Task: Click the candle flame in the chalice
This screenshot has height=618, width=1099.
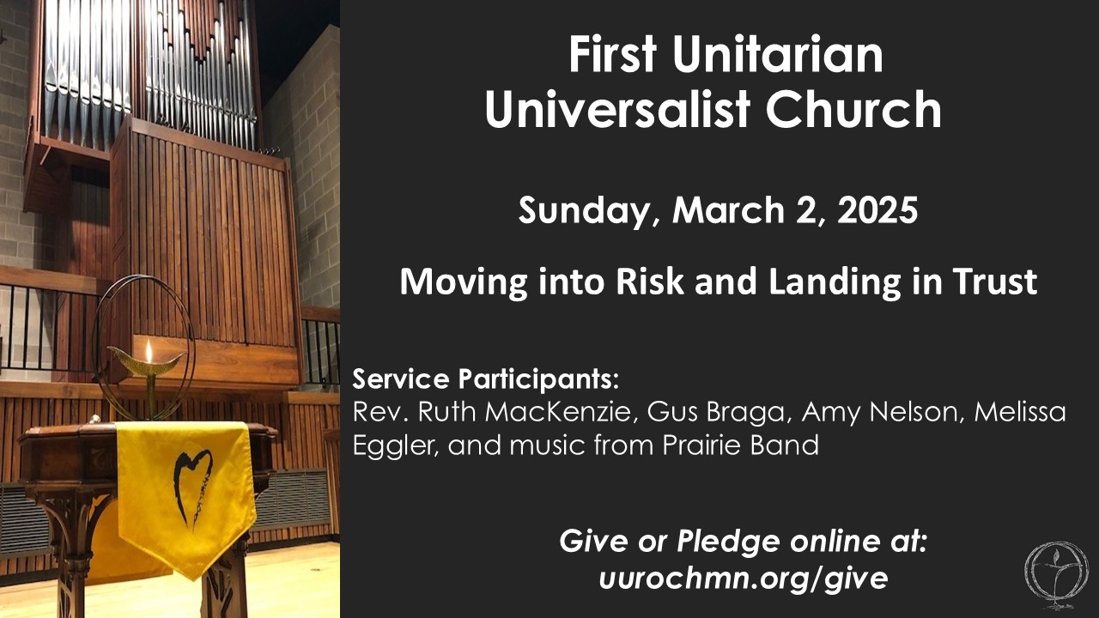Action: point(149,349)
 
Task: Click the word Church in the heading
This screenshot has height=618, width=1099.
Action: point(853,109)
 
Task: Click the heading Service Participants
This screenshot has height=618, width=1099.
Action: point(485,379)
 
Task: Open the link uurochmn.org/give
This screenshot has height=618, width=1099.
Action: point(744,579)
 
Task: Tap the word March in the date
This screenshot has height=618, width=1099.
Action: point(729,210)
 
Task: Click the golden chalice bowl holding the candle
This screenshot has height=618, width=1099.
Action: point(146,364)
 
